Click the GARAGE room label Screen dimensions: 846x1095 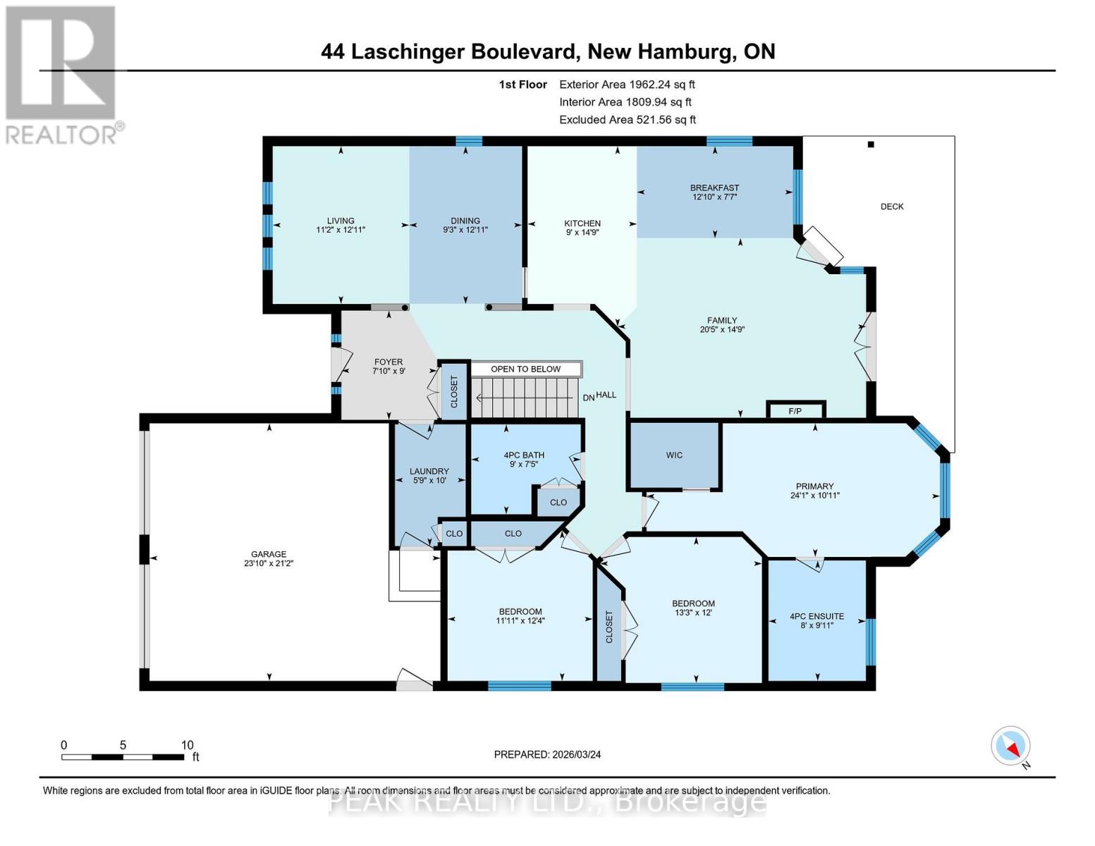coord(269,554)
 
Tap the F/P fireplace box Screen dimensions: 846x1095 coord(795,410)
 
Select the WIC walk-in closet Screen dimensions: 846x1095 coord(674,455)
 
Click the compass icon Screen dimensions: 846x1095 coord(1010,746)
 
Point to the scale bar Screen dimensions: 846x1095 coord(123,756)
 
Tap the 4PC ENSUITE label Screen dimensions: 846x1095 coord(816,616)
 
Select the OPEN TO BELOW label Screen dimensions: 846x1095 coord(526,369)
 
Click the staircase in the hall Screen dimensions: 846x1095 coord(522,397)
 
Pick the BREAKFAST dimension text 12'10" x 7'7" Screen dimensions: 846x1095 coord(714,197)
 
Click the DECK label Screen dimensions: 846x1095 coord(892,207)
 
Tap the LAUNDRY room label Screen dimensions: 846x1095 coord(429,471)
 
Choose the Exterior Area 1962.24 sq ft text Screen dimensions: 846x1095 coord(627,85)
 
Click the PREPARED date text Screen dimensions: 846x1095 coord(547,754)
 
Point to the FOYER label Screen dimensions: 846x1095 coord(388,362)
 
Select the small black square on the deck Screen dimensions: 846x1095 coord(871,145)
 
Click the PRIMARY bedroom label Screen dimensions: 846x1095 coord(814,486)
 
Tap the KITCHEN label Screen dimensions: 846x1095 coord(582,223)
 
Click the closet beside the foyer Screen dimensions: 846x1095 coord(454,391)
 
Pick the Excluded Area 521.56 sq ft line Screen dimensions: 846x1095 coord(628,120)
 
